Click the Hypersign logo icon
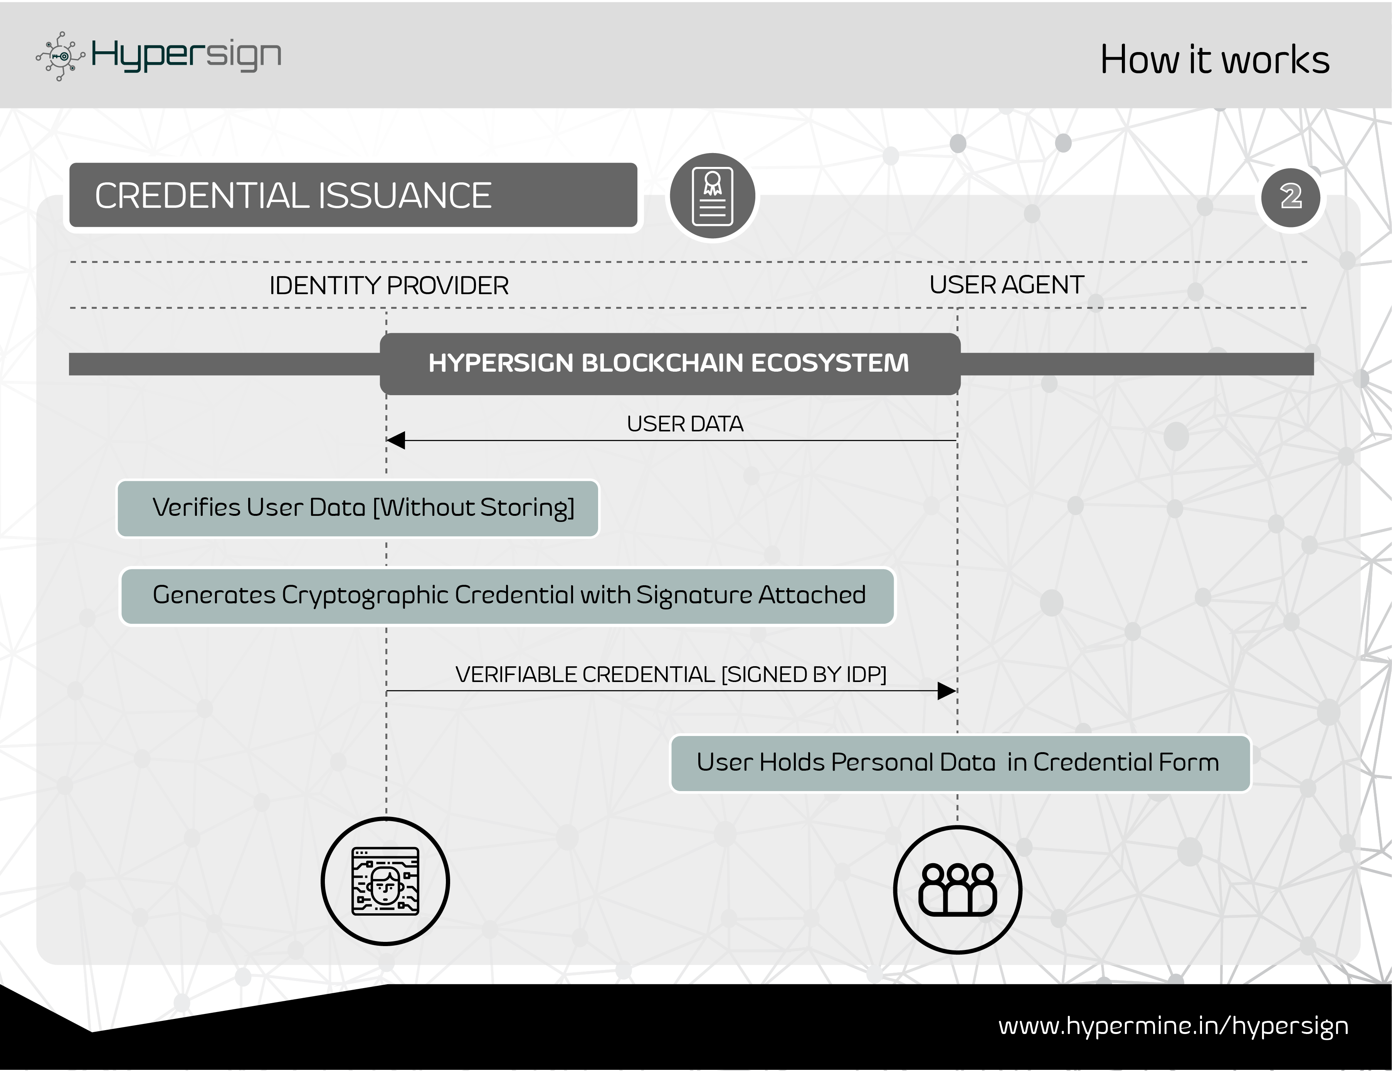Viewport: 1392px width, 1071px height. pos(61,56)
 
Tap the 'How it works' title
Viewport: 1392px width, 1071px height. pos(1215,60)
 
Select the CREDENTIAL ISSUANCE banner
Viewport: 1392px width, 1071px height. pos(353,195)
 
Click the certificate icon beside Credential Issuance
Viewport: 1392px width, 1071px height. pos(712,196)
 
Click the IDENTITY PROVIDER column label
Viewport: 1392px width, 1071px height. pos(388,286)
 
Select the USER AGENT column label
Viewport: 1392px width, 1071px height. pos(1007,285)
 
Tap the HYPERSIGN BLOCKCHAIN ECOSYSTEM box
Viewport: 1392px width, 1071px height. pos(669,364)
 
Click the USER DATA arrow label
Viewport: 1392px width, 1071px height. pos(685,424)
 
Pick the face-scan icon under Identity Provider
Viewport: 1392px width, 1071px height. pos(385,882)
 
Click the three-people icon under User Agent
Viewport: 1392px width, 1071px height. pos(958,890)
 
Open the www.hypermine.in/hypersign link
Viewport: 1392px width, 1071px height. pos(1173,1026)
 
